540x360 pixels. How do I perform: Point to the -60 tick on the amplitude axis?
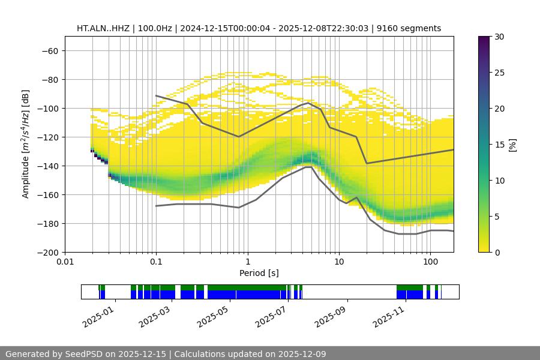point(49,50)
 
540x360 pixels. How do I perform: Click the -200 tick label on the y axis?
point(47,252)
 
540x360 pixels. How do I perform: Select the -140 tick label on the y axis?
point(47,166)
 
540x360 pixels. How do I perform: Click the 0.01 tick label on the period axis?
point(65,262)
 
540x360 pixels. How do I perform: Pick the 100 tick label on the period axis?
point(430,262)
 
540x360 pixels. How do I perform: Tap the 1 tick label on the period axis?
point(247,262)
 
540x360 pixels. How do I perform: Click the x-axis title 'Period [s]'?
point(259,273)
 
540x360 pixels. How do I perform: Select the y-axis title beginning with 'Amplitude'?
point(26,144)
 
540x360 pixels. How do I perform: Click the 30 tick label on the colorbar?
point(498,37)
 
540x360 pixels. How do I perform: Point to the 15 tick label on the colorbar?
point(498,145)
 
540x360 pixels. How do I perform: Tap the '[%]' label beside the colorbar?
point(512,145)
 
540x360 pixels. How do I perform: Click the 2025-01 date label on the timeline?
point(97,316)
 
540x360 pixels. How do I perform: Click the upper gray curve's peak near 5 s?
point(308,103)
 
